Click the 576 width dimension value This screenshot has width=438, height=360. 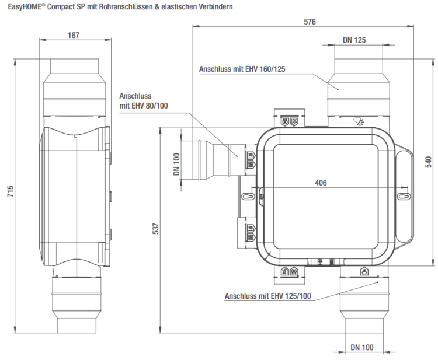(310, 22)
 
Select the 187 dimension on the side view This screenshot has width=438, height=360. (74, 35)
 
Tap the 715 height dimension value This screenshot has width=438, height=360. (11, 191)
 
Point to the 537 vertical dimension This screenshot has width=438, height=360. (155, 229)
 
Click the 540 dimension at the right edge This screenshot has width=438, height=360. (428, 162)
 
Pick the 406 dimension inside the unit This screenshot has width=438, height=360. (321, 183)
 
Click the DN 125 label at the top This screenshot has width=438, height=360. (354, 40)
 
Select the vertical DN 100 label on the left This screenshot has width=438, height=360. (176, 165)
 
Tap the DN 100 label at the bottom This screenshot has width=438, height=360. (362, 347)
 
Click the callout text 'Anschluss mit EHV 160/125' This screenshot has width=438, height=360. (242, 69)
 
